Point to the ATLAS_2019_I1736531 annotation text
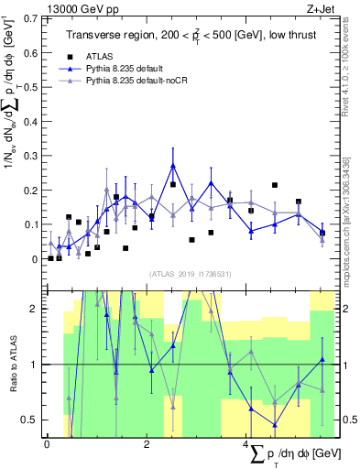190,274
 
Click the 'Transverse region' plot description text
191,35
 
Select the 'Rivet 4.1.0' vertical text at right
345,69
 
